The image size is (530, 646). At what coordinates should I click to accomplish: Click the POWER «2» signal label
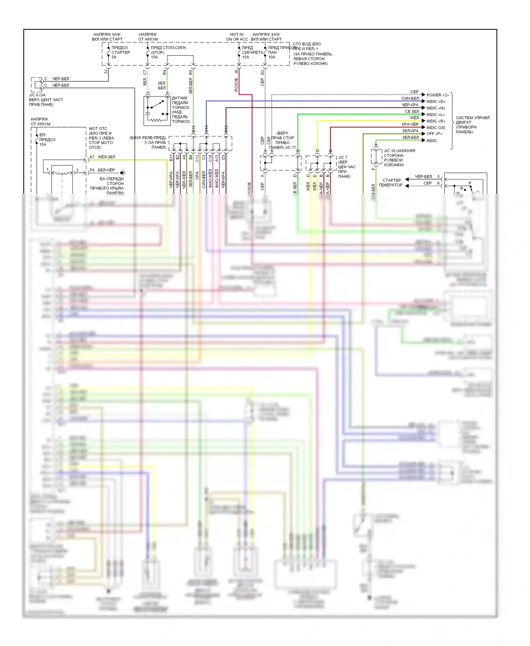point(437,95)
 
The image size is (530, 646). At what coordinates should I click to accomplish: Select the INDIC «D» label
point(436,102)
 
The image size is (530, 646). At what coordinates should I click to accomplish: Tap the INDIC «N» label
point(436,108)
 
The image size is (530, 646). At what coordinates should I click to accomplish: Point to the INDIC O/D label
point(436,128)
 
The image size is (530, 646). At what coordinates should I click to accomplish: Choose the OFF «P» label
point(434,134)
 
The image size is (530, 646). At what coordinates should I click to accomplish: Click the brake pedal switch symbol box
point(157,111)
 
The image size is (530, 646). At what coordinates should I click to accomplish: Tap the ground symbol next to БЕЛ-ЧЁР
point(123,173)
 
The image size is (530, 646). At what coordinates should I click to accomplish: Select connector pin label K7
point(92,157)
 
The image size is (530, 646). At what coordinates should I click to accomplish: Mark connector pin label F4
point(92,170)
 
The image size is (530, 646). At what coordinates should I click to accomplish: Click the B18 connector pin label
point(194,129)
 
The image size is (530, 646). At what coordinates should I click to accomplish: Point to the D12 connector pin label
point(226,129)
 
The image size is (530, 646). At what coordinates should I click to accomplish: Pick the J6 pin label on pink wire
point(236,72)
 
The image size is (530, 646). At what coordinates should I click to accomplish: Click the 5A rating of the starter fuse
point(114,57)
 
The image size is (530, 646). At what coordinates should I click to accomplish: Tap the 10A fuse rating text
point(272,57)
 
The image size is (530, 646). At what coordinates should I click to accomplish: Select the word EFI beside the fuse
point(42,135)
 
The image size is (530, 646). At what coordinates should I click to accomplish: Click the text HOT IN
point(237,35)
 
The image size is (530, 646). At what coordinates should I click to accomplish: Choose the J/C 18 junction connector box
point(375,157)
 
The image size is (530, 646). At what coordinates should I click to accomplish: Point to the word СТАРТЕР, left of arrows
point(392,180)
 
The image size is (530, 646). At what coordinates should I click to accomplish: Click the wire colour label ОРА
point(198,176)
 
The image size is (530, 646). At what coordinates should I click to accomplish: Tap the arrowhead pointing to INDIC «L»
point(423,114)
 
